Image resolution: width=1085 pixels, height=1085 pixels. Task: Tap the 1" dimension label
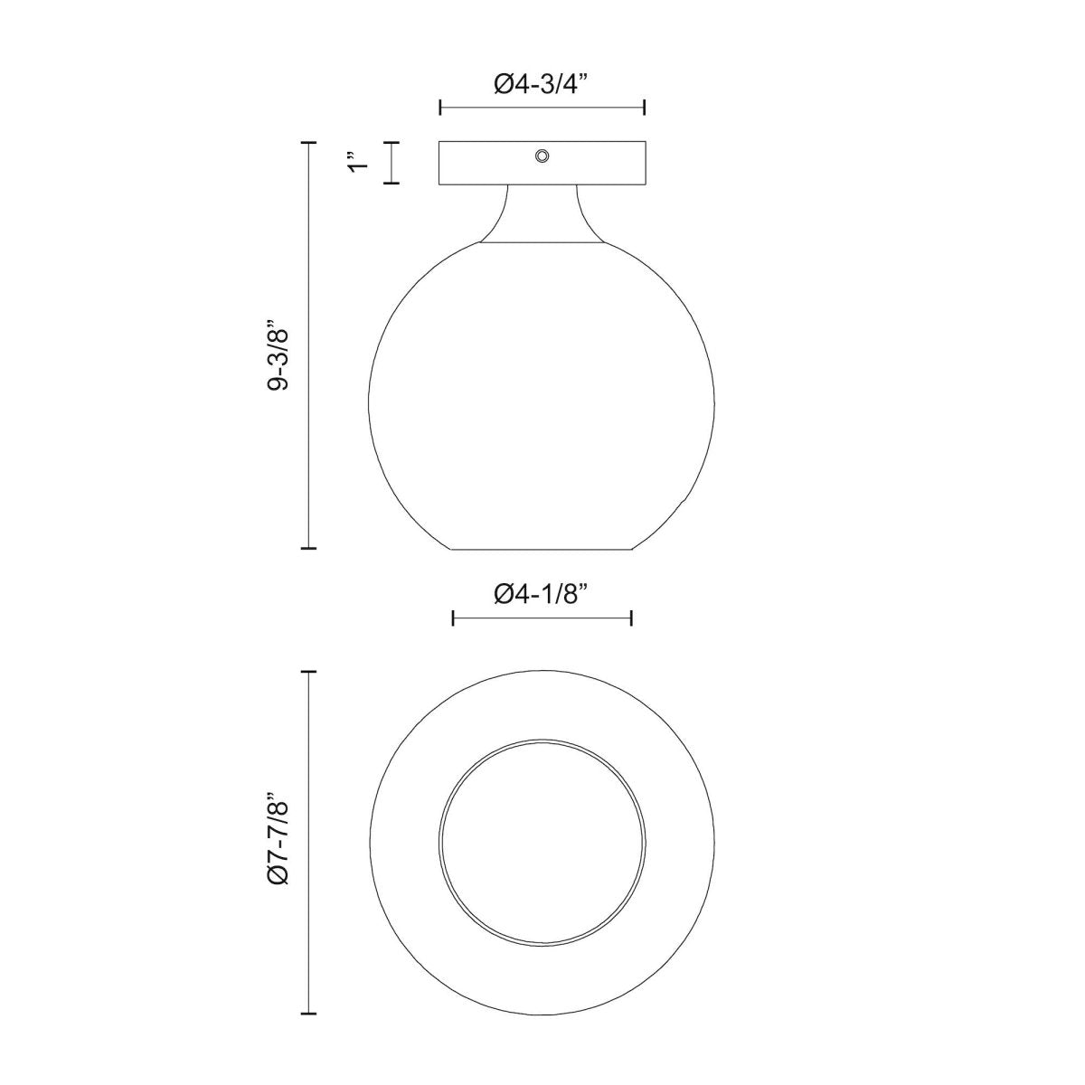tap(358, 162)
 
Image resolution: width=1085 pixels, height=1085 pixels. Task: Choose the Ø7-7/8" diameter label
tap(278, 850)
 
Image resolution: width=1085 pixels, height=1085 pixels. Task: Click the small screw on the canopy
tap(542, 156)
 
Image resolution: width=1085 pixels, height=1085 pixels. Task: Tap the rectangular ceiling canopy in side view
tap(542, 163)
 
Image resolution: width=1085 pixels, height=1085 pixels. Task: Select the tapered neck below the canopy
tap(542, 214)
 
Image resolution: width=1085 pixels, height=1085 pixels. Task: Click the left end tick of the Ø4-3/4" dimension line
tap(440, 107)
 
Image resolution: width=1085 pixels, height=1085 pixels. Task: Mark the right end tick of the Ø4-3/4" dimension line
tap(644, 107)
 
